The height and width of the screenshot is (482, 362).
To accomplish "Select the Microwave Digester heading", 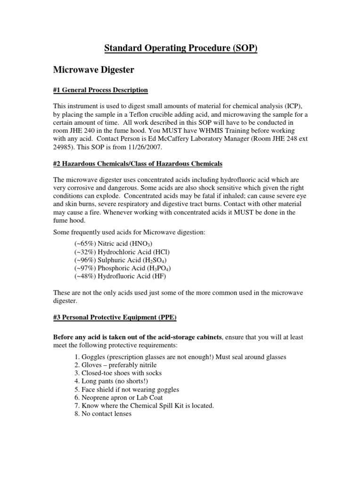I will (x=93, y=70).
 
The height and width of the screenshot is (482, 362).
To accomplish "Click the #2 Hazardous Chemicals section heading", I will (x=137, y=163).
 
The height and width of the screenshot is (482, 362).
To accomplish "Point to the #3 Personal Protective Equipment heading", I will (x=115, y=318).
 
